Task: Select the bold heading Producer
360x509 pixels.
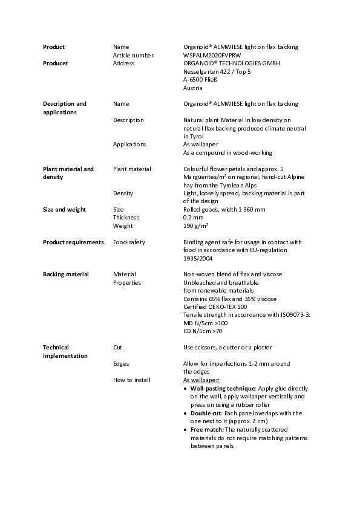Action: tap(55, 63)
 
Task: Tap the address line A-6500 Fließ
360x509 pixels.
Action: tap(200, 79)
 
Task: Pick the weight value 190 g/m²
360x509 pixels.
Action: tap(196, 225)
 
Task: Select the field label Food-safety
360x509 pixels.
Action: tap(129, 242)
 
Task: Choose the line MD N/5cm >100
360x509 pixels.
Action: tap(206, 323)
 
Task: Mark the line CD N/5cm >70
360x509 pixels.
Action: tap(203, 331)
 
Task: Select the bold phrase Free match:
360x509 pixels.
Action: tap(207, 429)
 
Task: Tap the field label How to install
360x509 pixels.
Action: tap(132, 380)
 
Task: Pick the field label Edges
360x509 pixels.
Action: tap(121, 363)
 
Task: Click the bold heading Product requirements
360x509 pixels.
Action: tap(73, 242)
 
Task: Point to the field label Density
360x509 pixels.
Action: tap(123, 193)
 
